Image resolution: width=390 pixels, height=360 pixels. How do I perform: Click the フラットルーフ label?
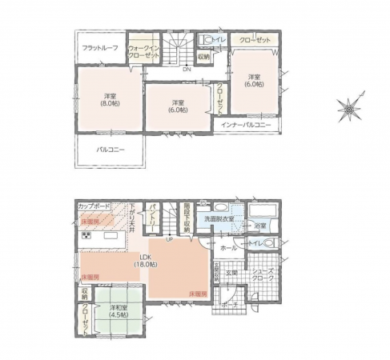[101, 49]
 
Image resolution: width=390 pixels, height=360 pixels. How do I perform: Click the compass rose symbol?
[351, 106]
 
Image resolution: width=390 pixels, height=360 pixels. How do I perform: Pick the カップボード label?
[94, 206]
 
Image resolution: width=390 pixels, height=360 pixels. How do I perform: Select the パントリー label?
[152, 215]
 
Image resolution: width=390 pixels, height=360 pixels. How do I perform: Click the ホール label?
[228, 249]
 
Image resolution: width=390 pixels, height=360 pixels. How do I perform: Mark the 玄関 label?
[231, 274]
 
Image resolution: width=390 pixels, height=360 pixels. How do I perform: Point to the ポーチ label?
[229, 303]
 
